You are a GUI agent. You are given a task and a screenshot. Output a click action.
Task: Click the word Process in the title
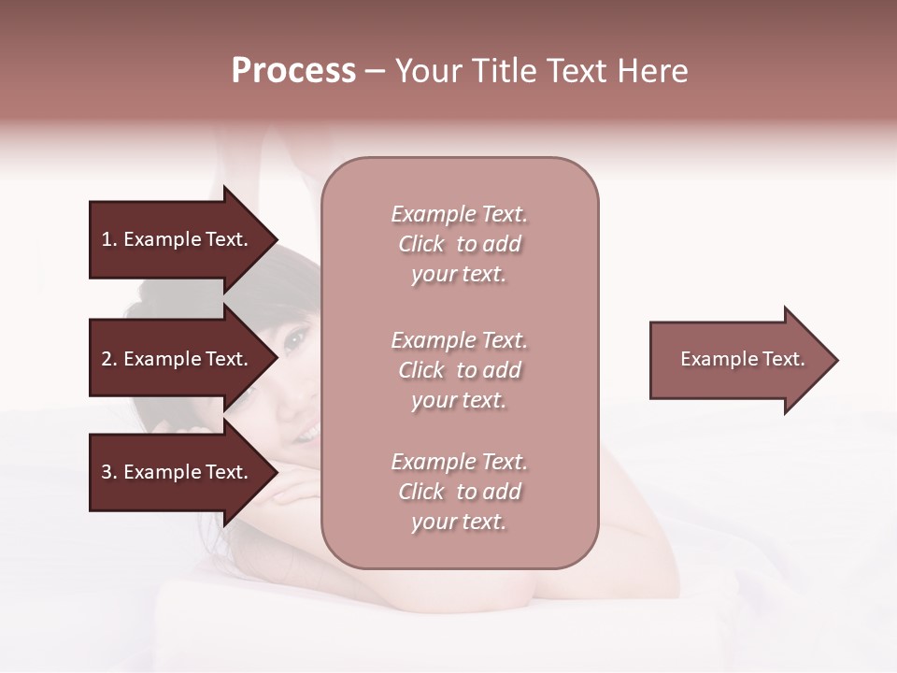point(293,71)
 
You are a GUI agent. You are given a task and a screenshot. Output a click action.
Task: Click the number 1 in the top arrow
point(107,239)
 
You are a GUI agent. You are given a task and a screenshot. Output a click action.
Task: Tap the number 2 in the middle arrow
point(107,359)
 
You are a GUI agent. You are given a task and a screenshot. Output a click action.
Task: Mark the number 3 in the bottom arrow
point(107,472)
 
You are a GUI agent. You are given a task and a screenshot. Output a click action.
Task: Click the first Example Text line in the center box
point(459,214)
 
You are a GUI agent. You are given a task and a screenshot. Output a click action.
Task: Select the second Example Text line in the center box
point(459,340)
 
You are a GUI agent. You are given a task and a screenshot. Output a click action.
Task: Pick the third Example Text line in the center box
point(459,462)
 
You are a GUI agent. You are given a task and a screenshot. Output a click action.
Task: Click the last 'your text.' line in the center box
point(459,522)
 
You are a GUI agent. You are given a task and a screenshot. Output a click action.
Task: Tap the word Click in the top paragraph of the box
point(421,244)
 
